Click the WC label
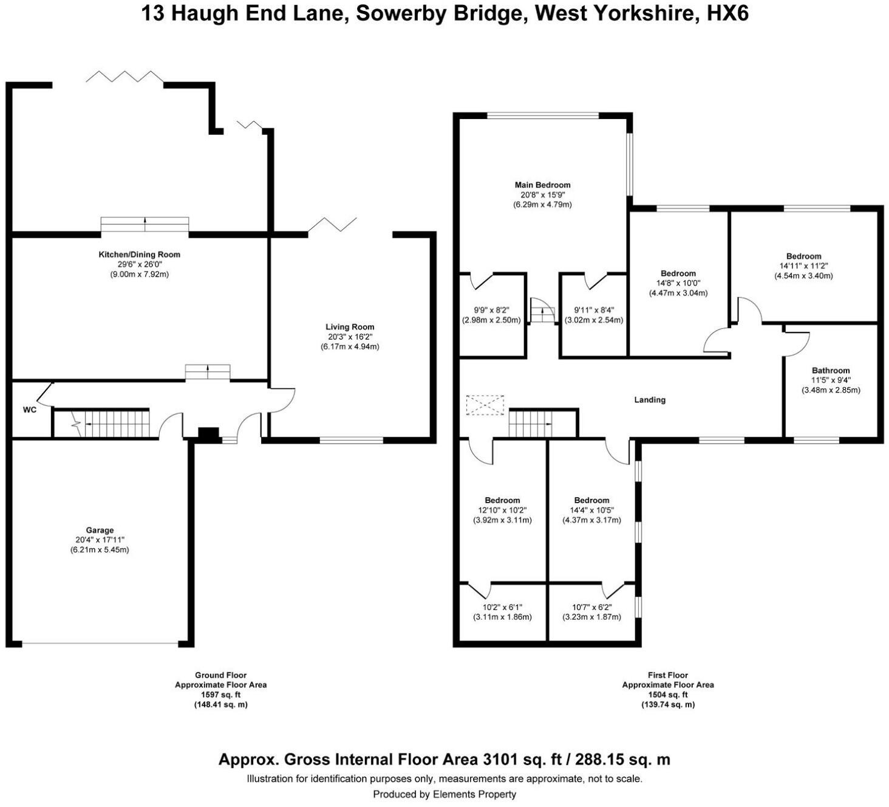29,410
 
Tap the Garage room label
100,531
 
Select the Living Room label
350,327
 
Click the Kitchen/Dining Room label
140,255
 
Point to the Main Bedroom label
542,185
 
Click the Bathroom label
831,371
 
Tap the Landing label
650,400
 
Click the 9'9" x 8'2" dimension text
491,309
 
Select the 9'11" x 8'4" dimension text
593,309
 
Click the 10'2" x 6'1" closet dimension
502,607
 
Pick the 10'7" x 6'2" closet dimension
591,607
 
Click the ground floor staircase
115,424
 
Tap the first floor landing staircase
530,423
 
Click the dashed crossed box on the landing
485,405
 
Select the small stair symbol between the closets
542,313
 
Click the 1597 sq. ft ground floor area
220,695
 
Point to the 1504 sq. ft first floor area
667,695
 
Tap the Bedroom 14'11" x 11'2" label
803,256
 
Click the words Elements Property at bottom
474,794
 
